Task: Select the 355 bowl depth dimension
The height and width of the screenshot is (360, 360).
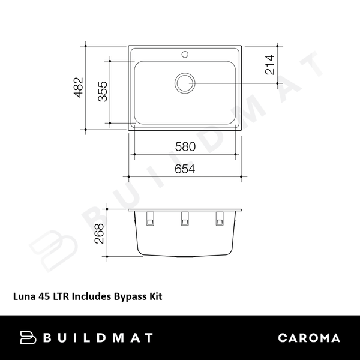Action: [103, 92]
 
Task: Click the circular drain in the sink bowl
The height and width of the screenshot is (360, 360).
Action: [185, 82]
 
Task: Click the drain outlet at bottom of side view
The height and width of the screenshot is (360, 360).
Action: [185, 256]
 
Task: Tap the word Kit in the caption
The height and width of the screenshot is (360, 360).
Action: [154, 296]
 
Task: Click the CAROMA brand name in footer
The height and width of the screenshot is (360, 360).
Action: [309, 338]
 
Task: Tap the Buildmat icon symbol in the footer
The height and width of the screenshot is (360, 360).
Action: [28, 338]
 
